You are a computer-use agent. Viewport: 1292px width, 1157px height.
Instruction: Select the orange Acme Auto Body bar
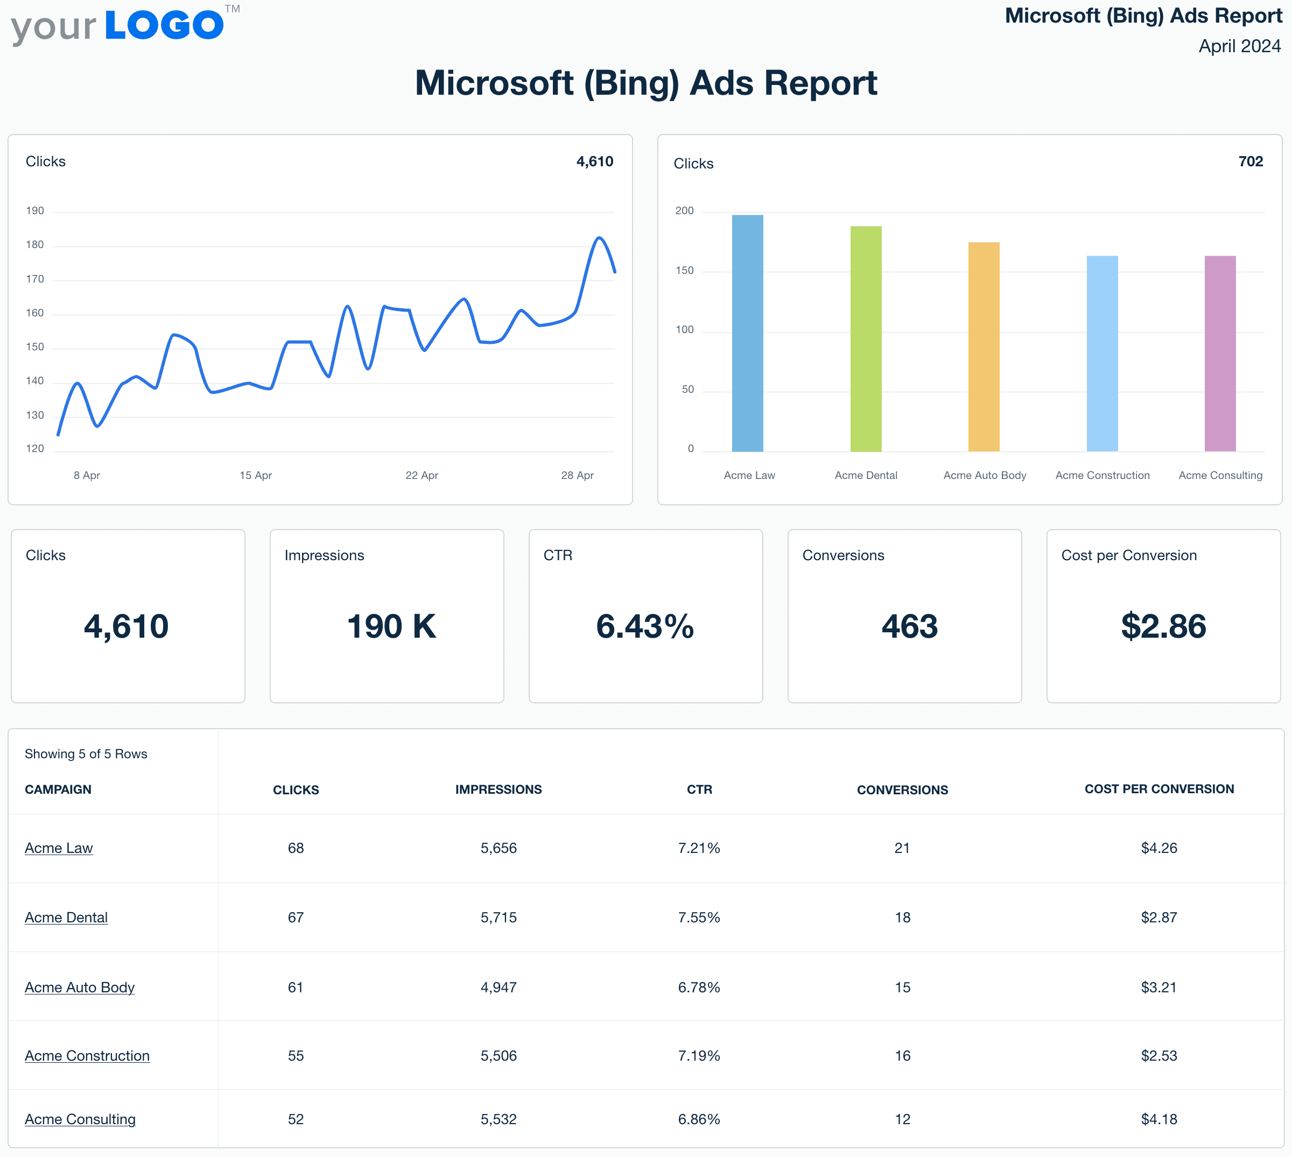[x=984, y=347]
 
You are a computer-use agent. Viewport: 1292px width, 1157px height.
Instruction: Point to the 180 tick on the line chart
[x=35, y=245]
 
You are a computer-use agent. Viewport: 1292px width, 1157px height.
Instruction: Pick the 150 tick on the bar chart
[x=685, y=271]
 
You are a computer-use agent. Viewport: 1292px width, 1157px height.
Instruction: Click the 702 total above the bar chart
[x=1250, y=161]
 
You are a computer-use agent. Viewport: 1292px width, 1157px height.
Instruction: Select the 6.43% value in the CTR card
[x=645, y=626]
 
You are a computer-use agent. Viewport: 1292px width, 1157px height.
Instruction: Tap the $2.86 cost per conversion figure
[x=1163, y=626]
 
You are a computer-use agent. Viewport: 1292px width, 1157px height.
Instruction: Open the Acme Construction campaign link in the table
[x=87, y=1055]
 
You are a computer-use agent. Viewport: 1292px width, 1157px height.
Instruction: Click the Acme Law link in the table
[x=59, y=848]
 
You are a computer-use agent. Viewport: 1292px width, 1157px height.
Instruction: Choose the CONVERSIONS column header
[x=902, y=789]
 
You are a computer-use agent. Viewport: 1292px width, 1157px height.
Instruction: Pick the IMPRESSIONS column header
[x=498, y=789]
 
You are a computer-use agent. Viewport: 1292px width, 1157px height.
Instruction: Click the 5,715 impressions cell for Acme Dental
[x=498, y=918]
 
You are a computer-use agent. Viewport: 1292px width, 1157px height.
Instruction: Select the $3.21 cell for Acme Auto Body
[x=1158, y=987]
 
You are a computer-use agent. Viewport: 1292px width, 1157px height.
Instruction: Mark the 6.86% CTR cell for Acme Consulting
[x=699, y=1119]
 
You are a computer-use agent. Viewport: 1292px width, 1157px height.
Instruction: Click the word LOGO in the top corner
[x=164, y=25]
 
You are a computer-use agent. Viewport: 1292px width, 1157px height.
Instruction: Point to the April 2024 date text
[x=1239, y=46]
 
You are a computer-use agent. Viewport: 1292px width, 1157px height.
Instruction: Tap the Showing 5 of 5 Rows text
[x=86, y=754]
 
